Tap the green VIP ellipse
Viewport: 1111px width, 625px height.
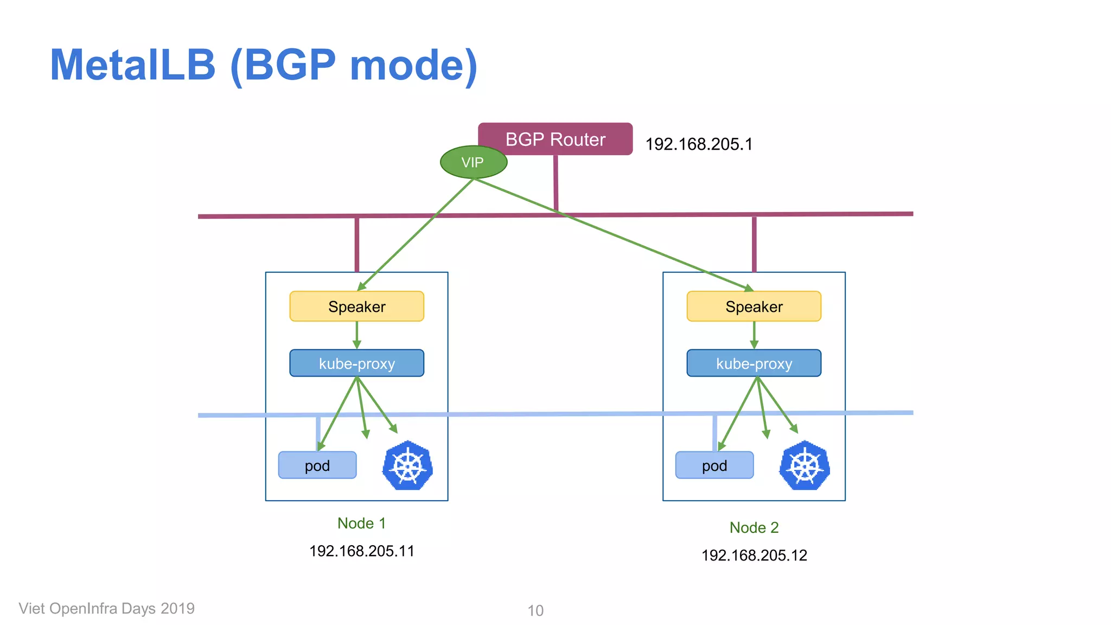(473, 162)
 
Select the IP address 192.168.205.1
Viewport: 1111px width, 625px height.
(699, 144)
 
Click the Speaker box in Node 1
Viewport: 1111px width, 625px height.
(356, 307)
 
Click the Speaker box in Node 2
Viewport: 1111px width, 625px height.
(754, 307)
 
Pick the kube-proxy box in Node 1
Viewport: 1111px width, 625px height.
(356, 363)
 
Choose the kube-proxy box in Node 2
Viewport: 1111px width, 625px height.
(754, 363)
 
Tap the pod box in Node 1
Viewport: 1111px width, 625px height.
(317, 465)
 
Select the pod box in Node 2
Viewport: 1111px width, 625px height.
(714, 465)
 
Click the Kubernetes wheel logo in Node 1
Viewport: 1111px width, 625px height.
(407, 465)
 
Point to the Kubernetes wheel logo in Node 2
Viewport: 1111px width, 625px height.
(804, 465)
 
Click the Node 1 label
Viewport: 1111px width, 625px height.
(361, 524)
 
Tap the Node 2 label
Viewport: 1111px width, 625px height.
(754, 528)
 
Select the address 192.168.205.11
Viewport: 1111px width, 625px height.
(361, 551)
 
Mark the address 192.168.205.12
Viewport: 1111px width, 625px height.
(754, 556)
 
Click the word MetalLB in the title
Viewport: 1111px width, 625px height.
(133, 65)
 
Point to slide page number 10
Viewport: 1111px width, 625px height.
(535, 611)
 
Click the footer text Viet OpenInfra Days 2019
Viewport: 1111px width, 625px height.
(106, 609)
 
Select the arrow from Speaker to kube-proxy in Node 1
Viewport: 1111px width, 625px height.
(356, 335)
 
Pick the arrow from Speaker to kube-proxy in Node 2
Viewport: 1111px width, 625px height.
(754, 335)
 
